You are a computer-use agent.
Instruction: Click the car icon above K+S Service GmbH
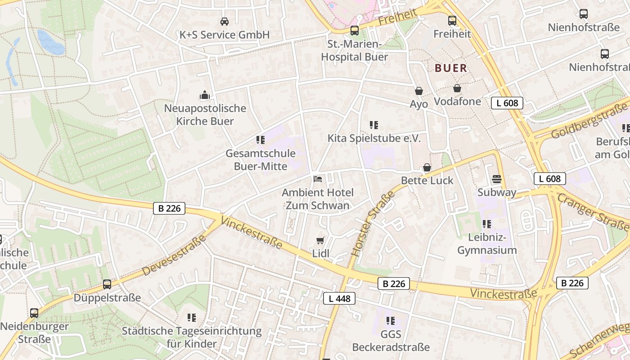point(224,21)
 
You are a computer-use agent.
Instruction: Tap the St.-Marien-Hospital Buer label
point(354,50)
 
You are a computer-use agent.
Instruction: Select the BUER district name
point(451,68)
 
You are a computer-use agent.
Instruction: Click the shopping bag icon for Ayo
point(419,91)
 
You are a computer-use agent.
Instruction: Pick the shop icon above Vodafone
point(457,88)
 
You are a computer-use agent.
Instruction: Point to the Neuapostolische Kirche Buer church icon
point(205,95)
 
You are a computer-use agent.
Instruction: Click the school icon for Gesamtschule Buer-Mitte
point(260,140)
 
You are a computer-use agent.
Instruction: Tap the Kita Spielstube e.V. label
point(374,138)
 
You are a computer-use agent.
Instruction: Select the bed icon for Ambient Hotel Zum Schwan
point(318,179)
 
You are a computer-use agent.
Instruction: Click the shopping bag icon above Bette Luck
point(427,167)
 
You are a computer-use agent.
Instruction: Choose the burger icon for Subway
point(497,179)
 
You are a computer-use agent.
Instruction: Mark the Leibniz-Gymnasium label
point(487,243)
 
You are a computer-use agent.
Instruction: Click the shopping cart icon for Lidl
point(320,240)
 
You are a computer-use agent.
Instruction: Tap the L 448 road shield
point(339,298)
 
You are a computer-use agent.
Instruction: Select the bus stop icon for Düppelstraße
point(107,284)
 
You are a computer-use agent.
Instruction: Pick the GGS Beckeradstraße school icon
point(391,321)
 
